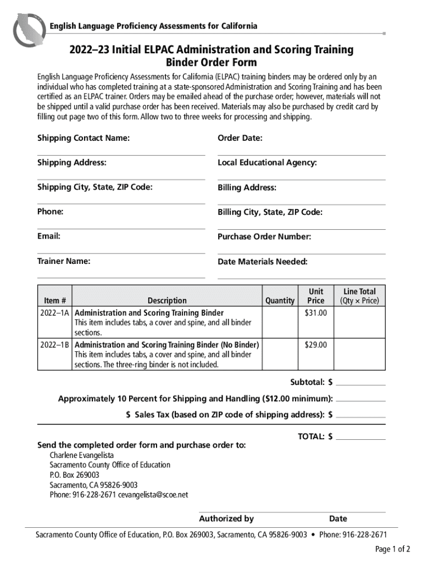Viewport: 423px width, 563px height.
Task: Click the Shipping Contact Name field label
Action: pyautogui.click(x=84, y=138)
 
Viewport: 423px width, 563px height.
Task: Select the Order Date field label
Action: pyautogui.click(x=240, y=138)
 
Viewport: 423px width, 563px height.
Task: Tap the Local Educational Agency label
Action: pyautogui.click(x=267, y=163)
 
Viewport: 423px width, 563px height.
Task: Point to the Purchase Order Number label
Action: pyautogui.click(x=264, y=237)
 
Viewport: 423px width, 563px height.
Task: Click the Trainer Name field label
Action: pyautogui.click(x=64, y=261)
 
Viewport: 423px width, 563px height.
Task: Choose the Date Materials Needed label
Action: pyautogui.click(x=262, y=262)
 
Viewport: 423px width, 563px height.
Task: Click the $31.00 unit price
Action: pyautogui.click(x=316, y=313)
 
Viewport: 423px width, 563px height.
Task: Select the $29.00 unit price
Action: pyautogui.click(x=316, y=345)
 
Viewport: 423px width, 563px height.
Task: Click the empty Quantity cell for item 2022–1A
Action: pyautogui.click(x=280, y=322)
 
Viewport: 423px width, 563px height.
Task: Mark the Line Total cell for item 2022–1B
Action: pyautogui.click(x=360, y=354)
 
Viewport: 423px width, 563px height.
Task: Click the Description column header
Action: pyautogui.click(x=167, y=300)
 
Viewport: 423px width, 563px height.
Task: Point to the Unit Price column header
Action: pyautogui.click(x=316, y=296)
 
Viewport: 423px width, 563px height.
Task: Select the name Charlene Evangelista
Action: pyautogui.click(x=82, y=455)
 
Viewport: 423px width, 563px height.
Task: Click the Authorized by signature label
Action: pyautogui.click(x=226, y=518)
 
